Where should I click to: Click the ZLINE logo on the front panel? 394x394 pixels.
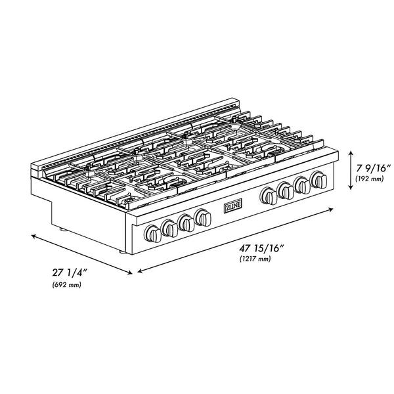(234, 206)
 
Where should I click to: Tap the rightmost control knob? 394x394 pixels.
(320, 179)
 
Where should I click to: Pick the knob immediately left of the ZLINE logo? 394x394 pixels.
(203, 216)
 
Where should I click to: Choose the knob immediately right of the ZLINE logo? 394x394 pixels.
(268, 195)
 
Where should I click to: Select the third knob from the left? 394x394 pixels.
(186, 222)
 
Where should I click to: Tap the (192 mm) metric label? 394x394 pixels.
(370, 178)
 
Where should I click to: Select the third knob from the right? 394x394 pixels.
(286, 190)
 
